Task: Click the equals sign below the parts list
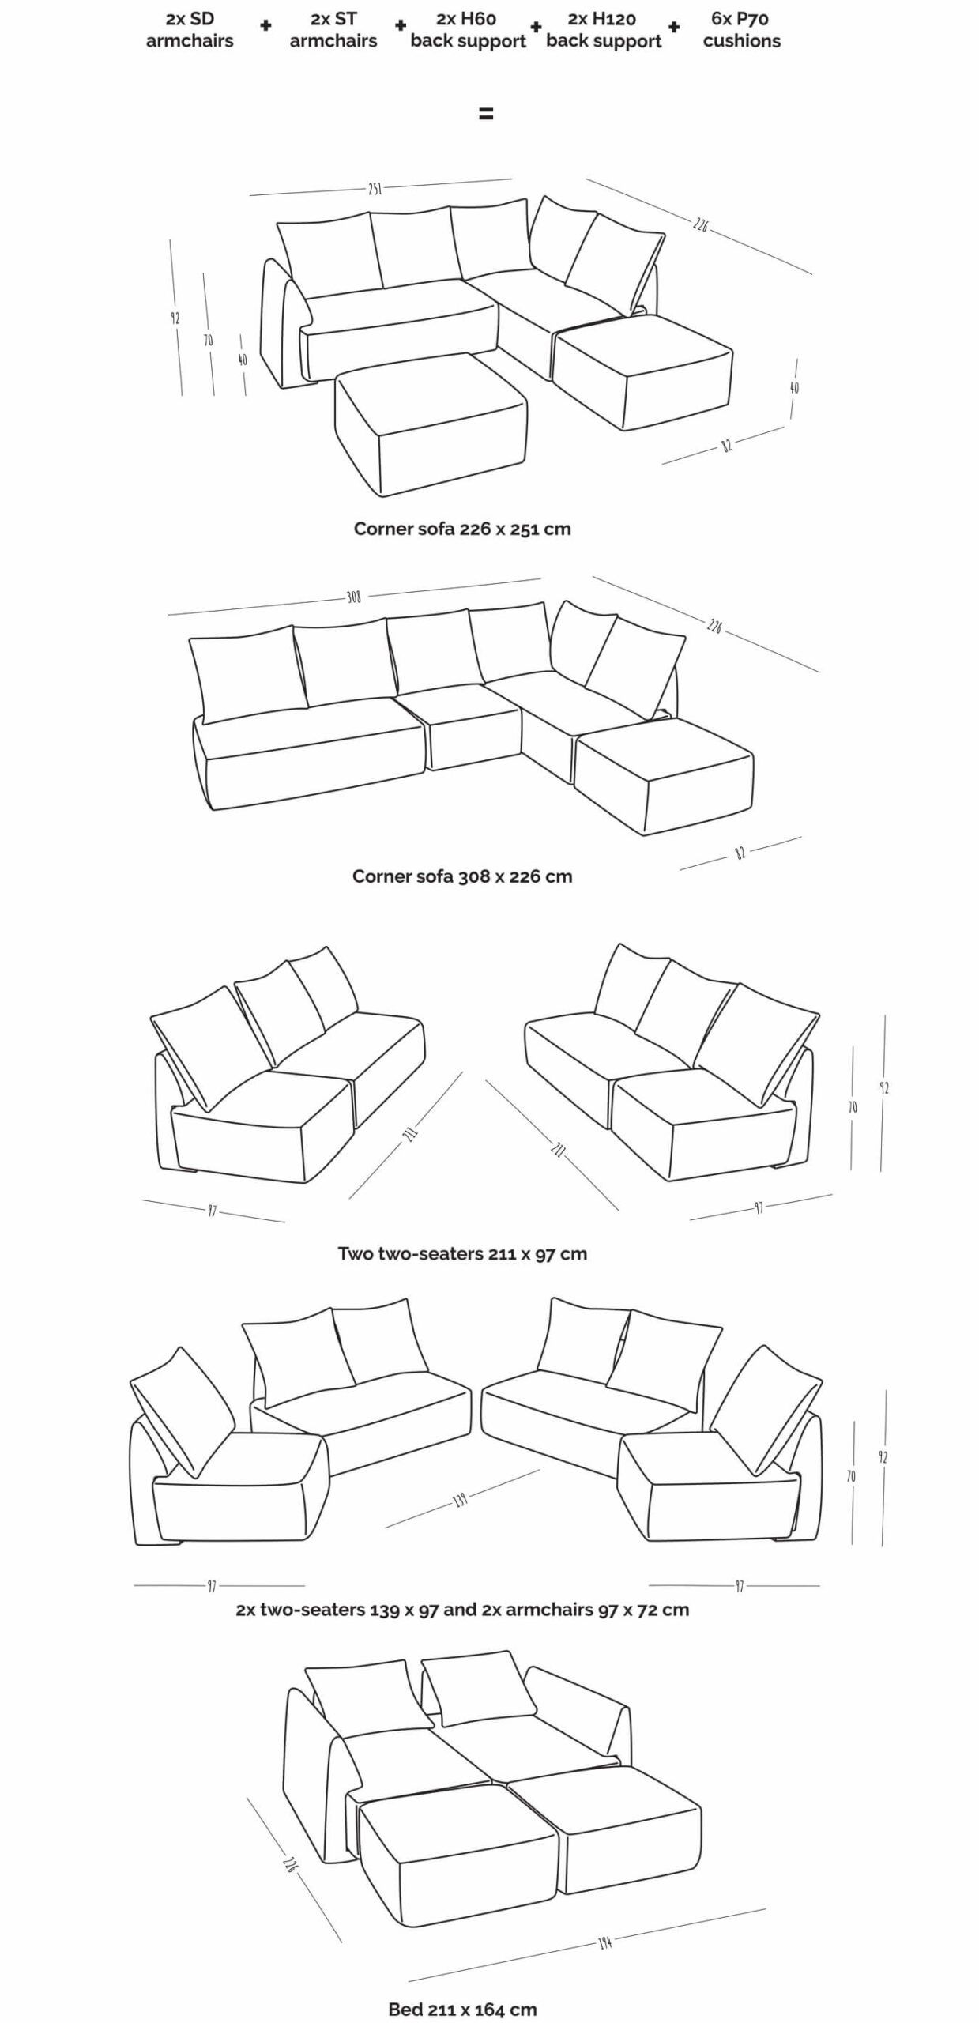(486, 114)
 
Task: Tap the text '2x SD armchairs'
(190, 30)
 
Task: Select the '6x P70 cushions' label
(741, 30)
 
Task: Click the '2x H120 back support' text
(604, 30)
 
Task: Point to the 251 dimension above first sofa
(375, 188)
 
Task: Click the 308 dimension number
(353, 597)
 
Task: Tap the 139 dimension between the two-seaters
(460, 1498)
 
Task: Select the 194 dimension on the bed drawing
(604, 1942)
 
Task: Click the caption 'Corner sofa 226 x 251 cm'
(461, 529)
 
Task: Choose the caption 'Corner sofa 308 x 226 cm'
(461, 876)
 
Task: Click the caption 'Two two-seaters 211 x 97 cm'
(461, 1253)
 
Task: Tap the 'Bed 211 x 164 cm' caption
(461, 2009)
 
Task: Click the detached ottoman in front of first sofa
(431, 423)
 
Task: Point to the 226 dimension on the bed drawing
(290, 1863)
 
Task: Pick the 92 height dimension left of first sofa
(175, 318)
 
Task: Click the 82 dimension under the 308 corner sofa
(740, 853)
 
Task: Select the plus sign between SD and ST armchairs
(265, 25)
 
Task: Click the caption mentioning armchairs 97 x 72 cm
(461, 1610)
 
